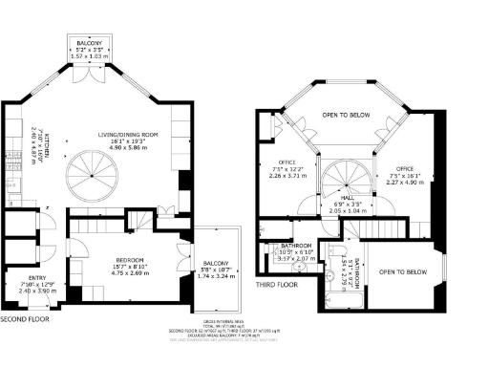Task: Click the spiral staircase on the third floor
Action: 339,179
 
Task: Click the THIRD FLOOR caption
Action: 278,284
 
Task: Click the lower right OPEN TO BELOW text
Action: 402,271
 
